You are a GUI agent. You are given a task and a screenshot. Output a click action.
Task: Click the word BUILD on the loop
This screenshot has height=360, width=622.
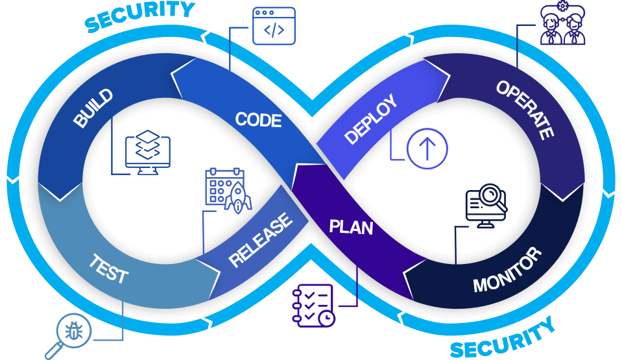pyautogui.click(x=93, y=108)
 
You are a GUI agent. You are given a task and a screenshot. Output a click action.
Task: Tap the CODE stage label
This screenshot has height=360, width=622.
pyautogui.click(x=258, y=119)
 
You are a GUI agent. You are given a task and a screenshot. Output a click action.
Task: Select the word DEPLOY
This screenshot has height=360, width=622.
pyautogui.click(x=370, y=119)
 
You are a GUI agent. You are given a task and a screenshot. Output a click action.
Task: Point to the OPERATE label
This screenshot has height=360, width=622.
pyautogui.click(x=525, y=110)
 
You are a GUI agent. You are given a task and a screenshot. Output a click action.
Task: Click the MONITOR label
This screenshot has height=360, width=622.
pyautogui.click(x=507, y=269)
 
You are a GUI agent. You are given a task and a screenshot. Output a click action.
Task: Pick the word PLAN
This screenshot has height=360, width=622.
pyautogui.click(x=351, y=226)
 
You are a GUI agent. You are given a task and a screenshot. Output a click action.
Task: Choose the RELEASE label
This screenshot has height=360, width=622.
pyautogui.click(x=261, y=239)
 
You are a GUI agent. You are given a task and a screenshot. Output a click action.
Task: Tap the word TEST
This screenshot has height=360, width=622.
pyautogui.click(x=108, y=269)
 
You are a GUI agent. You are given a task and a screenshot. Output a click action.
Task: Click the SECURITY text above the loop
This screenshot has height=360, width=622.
pyautogui.click(x=139, y=16)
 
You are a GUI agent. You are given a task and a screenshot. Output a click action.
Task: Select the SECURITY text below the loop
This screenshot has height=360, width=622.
pyautogui.click(x=503, y=338)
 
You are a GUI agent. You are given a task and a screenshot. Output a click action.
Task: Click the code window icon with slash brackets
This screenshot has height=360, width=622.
pyautogui.click(x=274, y=26)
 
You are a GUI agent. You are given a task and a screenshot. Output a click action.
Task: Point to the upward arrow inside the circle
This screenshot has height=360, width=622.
pyautogui.click(x=427, y=148)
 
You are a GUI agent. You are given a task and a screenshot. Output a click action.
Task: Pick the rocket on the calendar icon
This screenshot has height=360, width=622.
pyautogui.click(x=238, y=198)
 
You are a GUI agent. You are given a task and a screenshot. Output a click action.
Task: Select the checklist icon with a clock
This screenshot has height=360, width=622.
pyautogui.click(x=313, y=306)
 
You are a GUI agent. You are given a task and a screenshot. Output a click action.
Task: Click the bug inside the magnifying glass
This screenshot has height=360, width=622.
pyautogui.click(x=74, y=330)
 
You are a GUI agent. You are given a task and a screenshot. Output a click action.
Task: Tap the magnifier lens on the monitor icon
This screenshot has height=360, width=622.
pyautogui.click(x=491, y=195)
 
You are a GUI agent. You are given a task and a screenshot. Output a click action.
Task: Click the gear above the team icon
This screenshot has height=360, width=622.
pyautogui.click(x=562, y=6)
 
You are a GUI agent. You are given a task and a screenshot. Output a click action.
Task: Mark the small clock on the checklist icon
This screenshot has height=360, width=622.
pyautogui.click(x=327, y=318)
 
